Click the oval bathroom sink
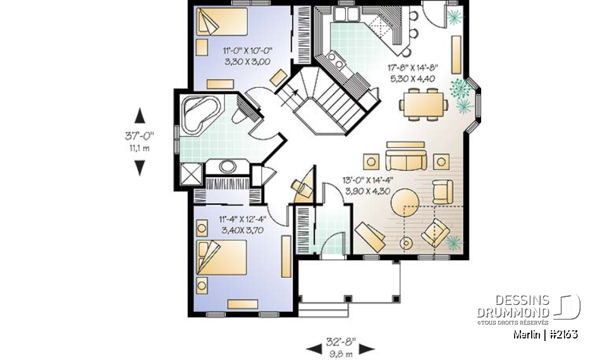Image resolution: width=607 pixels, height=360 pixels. click(227, 166)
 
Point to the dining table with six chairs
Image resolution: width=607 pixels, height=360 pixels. click(423, 104)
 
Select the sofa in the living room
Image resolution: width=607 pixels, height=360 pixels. click(406, 159)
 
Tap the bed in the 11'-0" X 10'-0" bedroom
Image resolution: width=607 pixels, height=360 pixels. click(222, 22)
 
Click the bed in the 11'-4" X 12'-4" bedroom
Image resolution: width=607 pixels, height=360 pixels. click(222, 258)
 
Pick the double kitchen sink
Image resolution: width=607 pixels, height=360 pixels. click(346, 15)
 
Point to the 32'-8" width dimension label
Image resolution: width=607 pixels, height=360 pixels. click(341, 342)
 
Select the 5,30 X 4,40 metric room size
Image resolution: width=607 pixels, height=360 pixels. click(413, 78)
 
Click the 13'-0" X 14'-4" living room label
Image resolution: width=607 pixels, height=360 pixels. click(367, 180)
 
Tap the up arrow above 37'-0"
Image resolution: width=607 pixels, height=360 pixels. click(139, 116)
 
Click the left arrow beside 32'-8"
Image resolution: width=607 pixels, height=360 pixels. click(314, 349)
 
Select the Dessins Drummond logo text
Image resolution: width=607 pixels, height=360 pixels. click(513, 306)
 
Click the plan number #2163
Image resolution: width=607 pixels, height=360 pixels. click(563, 334)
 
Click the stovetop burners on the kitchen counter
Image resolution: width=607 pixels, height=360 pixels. click(336, 60)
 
